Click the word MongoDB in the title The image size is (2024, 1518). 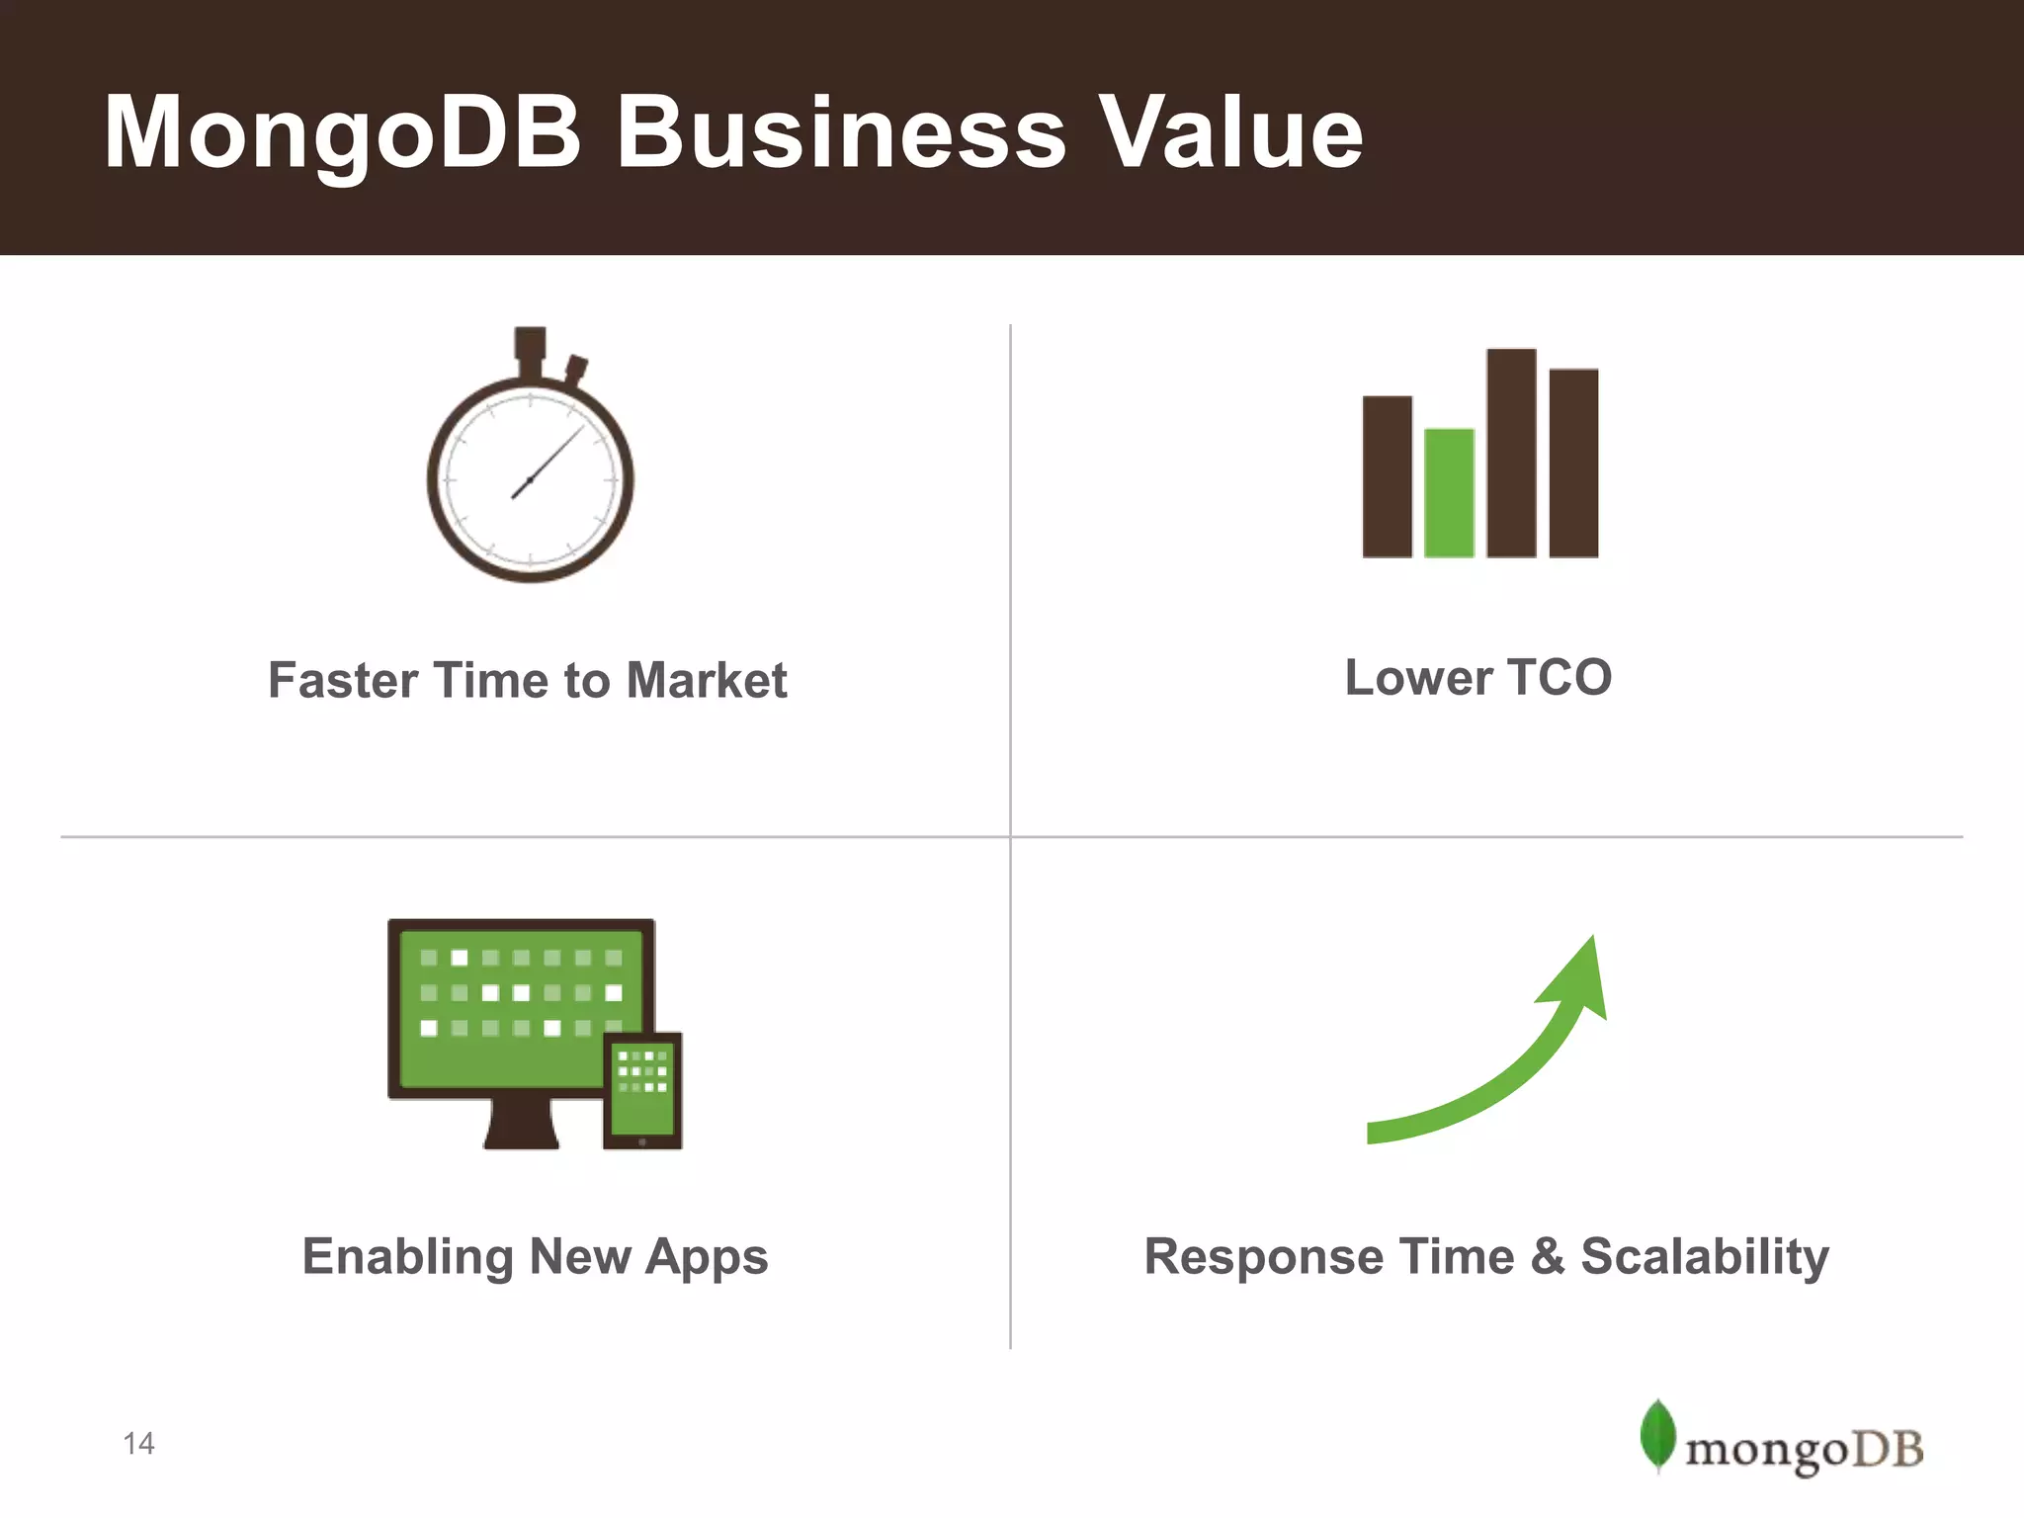coord(342,133)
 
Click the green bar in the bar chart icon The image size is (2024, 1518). coord(1449,492)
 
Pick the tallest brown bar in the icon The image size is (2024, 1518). coord(1511,453)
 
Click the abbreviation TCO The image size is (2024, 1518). coord(1560,678)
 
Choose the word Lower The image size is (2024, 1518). coord(1418,678)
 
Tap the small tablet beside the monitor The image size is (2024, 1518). coord(642,1090)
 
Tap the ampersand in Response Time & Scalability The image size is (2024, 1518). coord(1548,1256)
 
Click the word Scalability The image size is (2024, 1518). coord(1705,1258)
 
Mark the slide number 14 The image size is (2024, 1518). coord(139,1444)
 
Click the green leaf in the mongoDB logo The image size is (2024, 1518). coord(1657,1434)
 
